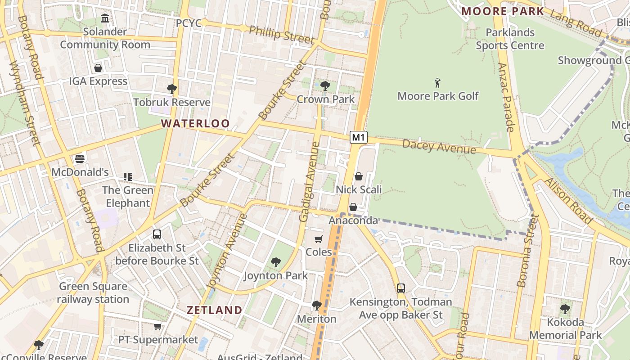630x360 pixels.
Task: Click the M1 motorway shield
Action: coord(358,137)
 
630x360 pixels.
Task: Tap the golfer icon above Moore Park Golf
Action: coord(437,83)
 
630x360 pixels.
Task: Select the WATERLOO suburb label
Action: coord(195,123)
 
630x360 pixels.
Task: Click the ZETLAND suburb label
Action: coord(214,310)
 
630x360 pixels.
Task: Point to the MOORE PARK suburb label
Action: coord(503,11)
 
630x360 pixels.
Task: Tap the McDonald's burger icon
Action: coord(80,159)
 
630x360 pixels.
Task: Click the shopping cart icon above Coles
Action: coord(319,239)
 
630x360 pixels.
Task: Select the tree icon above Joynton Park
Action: coord(275,262)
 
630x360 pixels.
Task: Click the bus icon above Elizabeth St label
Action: coord(157,234)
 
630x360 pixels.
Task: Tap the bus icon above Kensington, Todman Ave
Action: coord(400,288)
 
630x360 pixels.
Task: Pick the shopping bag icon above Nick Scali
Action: coord(359,176)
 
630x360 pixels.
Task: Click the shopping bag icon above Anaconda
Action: coord(353,207)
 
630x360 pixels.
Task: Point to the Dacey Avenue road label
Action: coord(439,146)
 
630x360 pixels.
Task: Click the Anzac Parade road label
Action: coord(506,97)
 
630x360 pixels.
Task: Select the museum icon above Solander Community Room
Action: coord(105,18)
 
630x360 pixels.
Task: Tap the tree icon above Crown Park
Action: coord(325,85)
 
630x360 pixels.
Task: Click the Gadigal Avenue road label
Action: coord(310,182)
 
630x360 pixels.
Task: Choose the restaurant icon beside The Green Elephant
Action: coord(128,177)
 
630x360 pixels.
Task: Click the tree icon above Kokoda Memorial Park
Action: coord(565,309)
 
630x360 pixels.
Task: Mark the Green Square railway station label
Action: coord(93,292)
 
